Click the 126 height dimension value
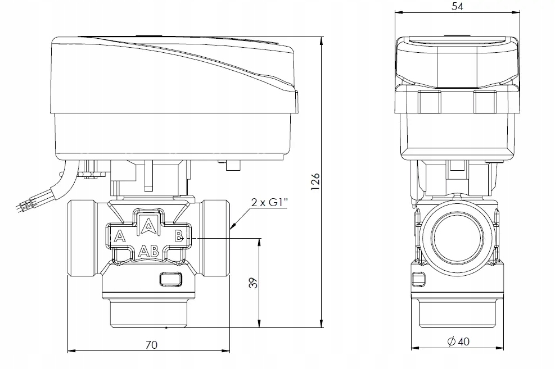tap(315, 181)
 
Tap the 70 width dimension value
tap(151, 345)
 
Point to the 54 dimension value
tap(457, 6)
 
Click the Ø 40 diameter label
tap(458, 341)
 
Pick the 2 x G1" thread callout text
tap(269, 202)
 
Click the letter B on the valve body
tap(179, 236)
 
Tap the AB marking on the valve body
tap(148, 251)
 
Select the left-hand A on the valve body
tap(120, 236)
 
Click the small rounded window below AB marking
tap(170, 279)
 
